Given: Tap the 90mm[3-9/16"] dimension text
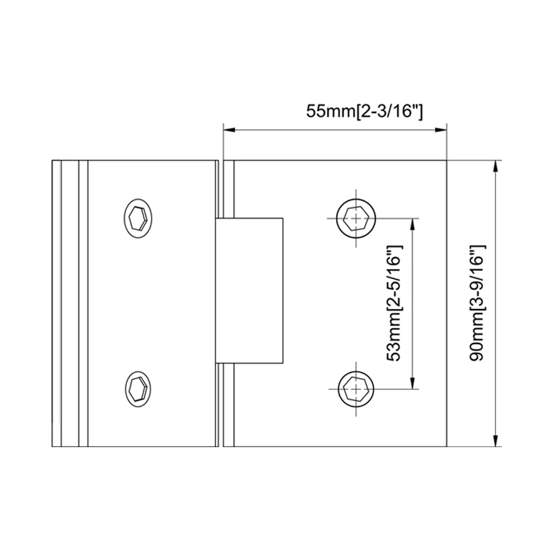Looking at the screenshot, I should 475,304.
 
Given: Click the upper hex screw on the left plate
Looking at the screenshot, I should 138,219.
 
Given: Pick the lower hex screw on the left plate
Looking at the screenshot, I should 138,388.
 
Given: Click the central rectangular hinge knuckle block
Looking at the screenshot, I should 249,290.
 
